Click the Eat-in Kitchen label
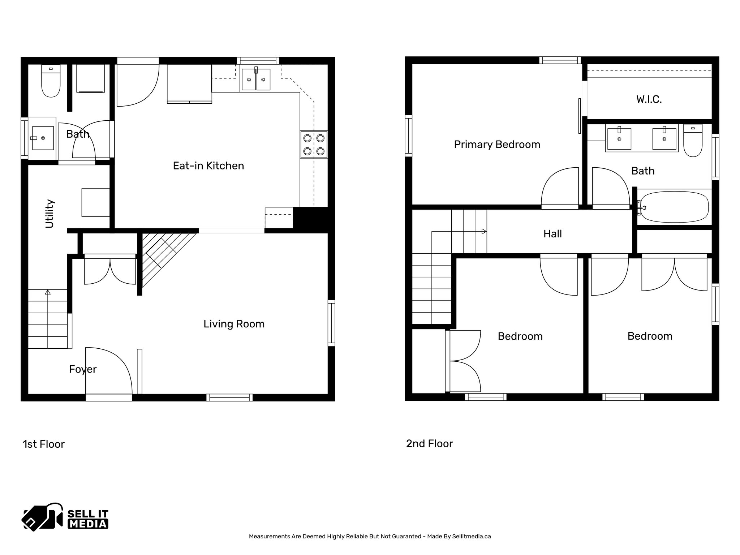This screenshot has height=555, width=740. [x=208, y=166]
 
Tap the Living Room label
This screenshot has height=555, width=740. [x=234, y=324]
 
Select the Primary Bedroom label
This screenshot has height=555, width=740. [x=497, y=145]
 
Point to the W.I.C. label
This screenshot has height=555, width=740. [x=649, y=99]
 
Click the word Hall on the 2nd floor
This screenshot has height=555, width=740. [x=552, y=234]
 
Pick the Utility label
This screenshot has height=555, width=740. [x=50, y=214]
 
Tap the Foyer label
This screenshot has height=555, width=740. [x=83, y=369]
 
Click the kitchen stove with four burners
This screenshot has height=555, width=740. [x=314, y=145]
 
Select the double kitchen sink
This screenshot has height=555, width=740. [x=256, y=79]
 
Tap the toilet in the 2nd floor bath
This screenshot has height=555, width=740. [x=693, y=141]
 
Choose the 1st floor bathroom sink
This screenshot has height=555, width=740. [x=43, y=138]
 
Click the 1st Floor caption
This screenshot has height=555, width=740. [x=44, y=444]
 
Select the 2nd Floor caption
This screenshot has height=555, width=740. [x=429, y=444]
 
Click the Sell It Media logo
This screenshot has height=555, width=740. [x=65, y=517]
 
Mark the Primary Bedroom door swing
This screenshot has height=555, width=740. [x=560, y=188]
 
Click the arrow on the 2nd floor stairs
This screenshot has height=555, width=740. [x=483, y=232]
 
